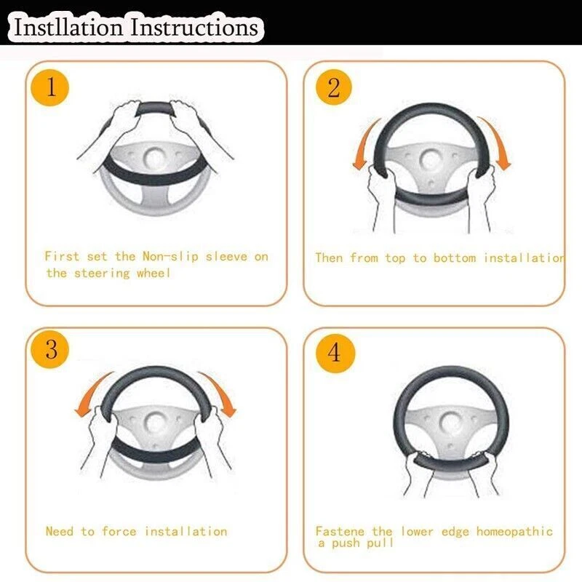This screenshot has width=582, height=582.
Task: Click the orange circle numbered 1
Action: click(50, 87)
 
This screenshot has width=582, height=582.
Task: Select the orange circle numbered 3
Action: click(50, 349)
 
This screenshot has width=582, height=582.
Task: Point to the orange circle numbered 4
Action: click(335, 353)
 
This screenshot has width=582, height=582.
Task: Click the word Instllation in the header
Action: click(68, 27)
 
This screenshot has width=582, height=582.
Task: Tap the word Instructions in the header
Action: click(194, 27)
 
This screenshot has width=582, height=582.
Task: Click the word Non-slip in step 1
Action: click(171, 257)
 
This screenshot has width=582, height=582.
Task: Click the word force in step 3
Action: click(119, 531)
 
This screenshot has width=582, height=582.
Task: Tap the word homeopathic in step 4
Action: click(514, 532)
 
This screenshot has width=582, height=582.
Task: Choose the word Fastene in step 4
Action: click(340, 531)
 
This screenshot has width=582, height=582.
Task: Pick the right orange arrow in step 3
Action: click(220, 394)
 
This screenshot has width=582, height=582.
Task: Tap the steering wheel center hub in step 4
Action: click(450, 423)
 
